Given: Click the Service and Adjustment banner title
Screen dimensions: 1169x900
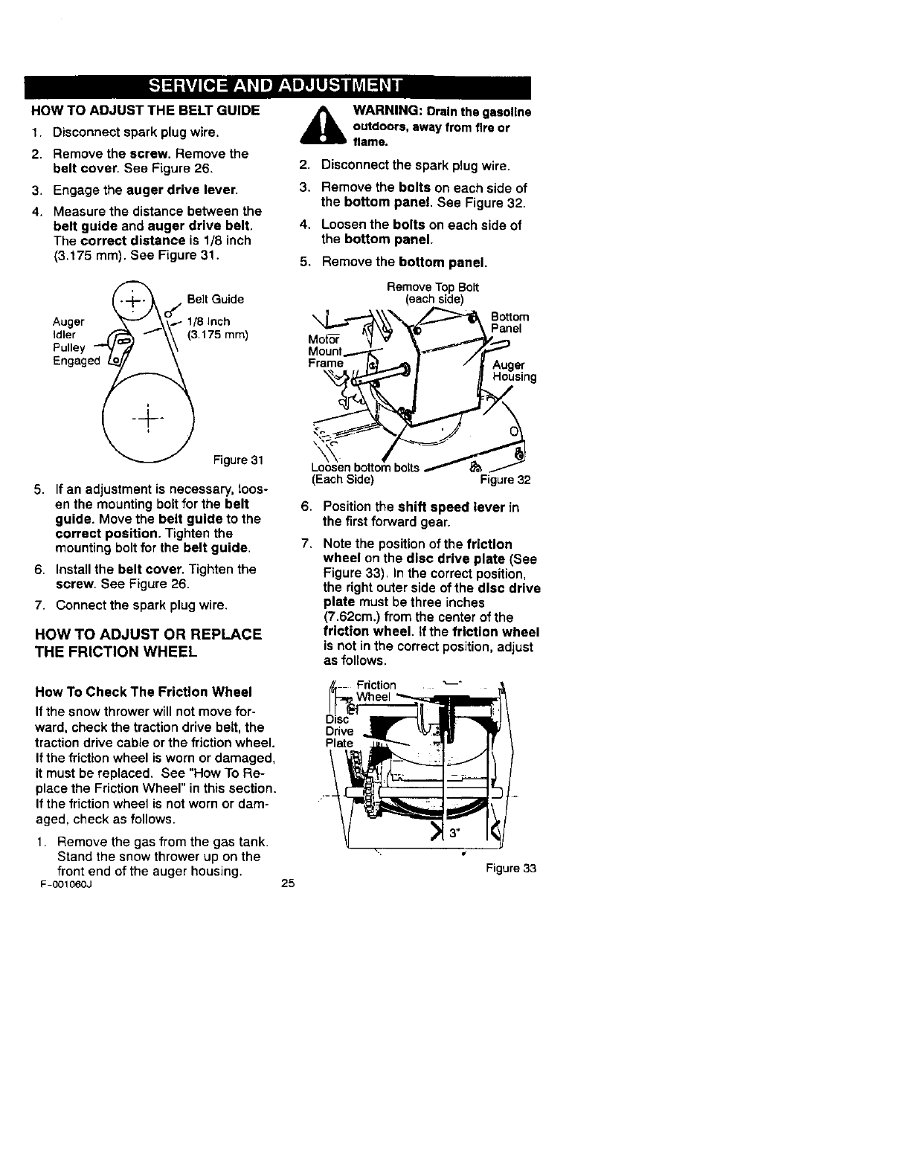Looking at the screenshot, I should [276, 86].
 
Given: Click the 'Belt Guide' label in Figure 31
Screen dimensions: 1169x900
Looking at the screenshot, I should [215, 299].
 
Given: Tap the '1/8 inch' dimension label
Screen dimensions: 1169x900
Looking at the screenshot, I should [208, 321].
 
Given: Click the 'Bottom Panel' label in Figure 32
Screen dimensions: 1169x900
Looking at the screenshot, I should [510, 322].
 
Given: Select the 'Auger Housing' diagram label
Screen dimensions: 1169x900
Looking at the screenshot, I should [514, 370].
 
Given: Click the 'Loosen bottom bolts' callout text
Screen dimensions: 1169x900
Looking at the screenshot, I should [364, 468].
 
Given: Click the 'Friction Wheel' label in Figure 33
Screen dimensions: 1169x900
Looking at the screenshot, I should [376, 691].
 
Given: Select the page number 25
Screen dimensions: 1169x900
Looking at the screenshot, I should [289, 884].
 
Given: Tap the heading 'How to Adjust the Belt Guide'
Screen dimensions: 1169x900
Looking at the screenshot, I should [145, 111].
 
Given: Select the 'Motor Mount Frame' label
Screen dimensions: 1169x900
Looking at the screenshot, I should [325, 350].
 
